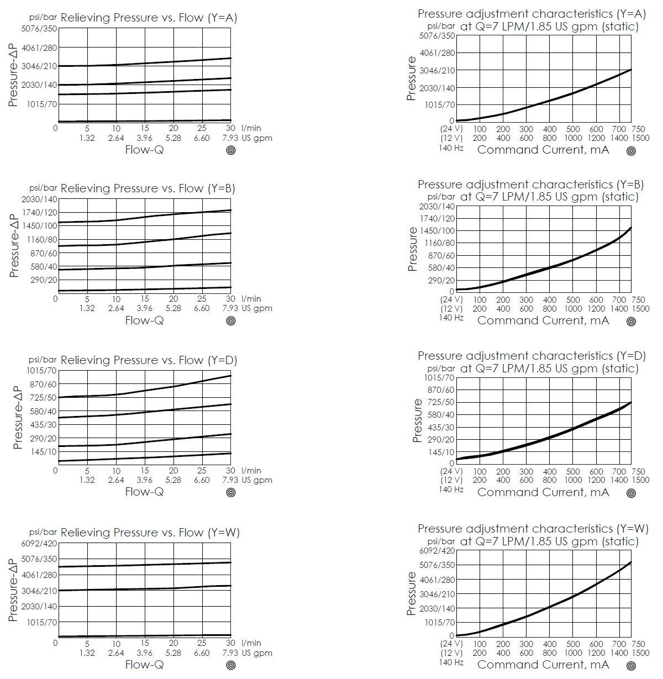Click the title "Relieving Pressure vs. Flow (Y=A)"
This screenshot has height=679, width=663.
point(149,18)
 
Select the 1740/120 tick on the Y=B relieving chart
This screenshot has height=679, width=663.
point(39,212)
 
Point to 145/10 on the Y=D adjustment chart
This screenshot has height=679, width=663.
point(441,452)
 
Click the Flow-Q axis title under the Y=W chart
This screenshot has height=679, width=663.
point(144,664)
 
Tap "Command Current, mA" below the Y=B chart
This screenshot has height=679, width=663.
point(543,320)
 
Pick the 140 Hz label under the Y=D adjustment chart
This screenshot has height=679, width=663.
point(451,489)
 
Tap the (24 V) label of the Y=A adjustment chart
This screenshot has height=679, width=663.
point(451,129)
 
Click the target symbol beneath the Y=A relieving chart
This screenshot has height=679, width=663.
point(231,150)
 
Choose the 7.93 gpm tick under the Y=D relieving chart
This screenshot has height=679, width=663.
point(230,480)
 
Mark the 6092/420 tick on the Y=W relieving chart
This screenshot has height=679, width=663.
point(39,544)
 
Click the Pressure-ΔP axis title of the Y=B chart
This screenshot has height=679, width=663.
point(14,246)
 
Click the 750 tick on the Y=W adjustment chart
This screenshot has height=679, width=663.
point(638,644)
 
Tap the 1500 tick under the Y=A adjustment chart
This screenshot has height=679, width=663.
point(640,138)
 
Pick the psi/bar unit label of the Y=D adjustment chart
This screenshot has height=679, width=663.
point(441,369)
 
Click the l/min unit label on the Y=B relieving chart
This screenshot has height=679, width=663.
point(251,299)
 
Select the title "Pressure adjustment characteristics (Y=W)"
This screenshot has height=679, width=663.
point(533,529)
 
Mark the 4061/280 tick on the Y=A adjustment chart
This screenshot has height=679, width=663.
point(437,53)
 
